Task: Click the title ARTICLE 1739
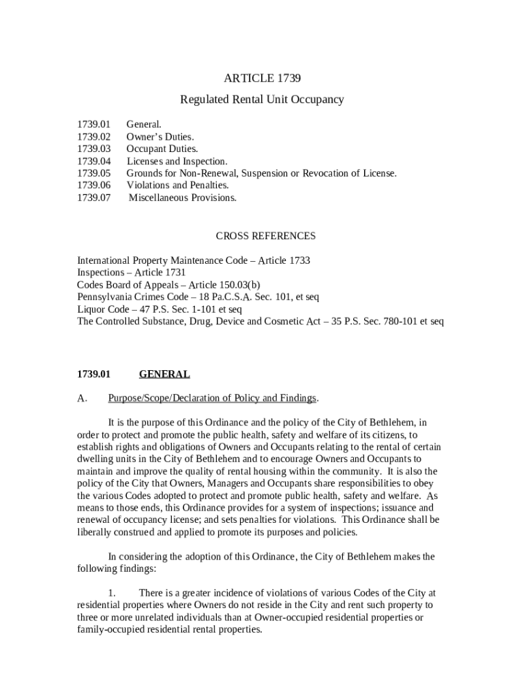tap(262, 78)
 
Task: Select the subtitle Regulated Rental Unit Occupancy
tap(262, 100)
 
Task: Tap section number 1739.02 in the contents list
tap(93, 136)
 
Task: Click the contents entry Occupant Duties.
tap(162, 149)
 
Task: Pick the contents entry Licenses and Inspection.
tap(177, 161)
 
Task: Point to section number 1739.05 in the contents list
tap(93, 173)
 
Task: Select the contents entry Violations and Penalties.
tap(177, 185)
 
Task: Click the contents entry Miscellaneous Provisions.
tap(183, 198)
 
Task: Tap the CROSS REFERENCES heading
tap(265, 236)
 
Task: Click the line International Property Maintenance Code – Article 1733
tap(194, 260)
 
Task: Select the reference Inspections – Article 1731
tap(131, 273)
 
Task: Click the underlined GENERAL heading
tap(164, 374)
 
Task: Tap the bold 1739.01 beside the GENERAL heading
tap(93, 374)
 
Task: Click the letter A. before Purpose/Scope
tap(82, 398)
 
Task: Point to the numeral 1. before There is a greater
tap(112, 593)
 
